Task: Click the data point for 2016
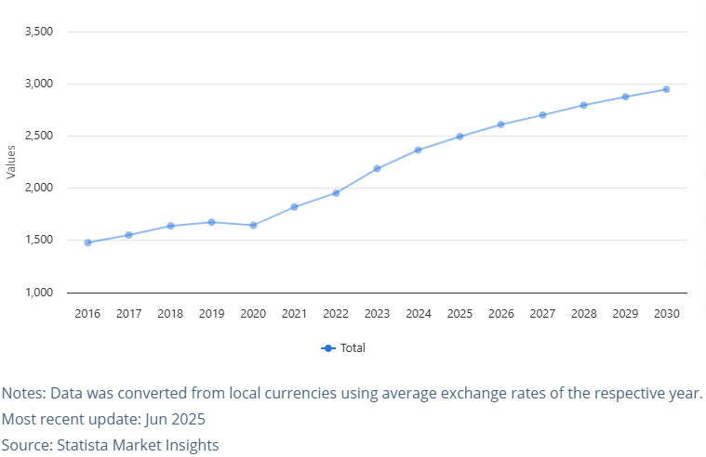coord(87,242)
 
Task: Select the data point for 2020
coord(253,225)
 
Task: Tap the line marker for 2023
coord(377,169)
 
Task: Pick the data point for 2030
coord(666,89)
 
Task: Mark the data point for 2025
coord(460,137)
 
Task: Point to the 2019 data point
coord(211,222)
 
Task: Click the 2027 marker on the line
coord(542,115)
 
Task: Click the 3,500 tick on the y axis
coord(38,32)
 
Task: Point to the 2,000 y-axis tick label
coord(38,188)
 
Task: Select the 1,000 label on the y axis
coord(38,293)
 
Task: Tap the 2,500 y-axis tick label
coord(38,136)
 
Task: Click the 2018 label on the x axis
coord(170,314)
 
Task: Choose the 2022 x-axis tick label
coord(336,314)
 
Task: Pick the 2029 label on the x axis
coord(625,314)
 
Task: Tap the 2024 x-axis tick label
coord(419,314)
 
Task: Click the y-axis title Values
coord(11,162)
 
